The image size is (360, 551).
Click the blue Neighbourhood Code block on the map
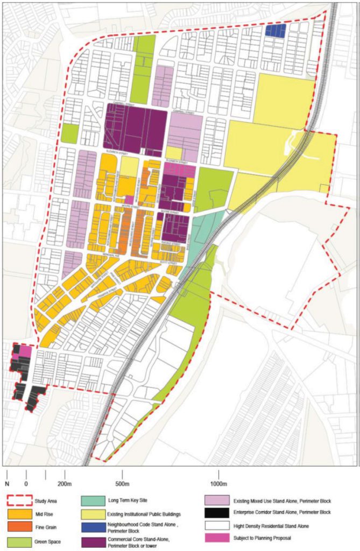pos(275,30)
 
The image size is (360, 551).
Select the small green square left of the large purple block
pos(69,133)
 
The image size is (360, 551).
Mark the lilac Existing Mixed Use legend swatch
pos(222,501)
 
